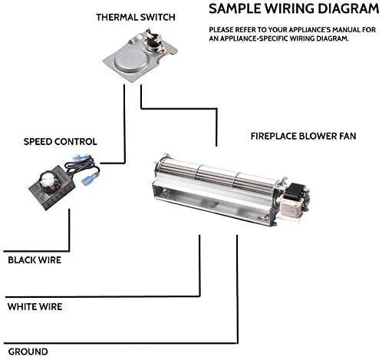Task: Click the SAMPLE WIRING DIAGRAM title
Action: click(294, 8)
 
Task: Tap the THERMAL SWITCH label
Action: click(136, 18)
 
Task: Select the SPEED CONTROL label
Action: click(61, 141)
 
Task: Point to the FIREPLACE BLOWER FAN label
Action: click(303, 136)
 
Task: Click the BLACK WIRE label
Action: click(35, 260)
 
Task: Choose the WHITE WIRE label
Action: click(35, 306)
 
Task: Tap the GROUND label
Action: click(28, 352)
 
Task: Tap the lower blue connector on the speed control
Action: click(90, 178)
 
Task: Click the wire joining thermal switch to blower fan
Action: click(179, 109)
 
